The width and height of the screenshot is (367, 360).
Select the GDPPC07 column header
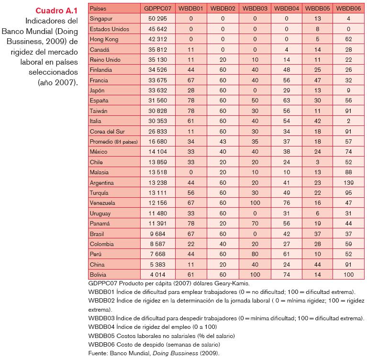[157, 8]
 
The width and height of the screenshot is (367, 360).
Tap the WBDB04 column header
[287, 8]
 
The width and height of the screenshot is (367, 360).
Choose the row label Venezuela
[103, 203]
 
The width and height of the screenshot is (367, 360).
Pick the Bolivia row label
[99, 275]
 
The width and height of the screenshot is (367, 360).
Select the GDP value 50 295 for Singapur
[158, 19]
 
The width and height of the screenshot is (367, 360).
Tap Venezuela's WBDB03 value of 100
[255, 203]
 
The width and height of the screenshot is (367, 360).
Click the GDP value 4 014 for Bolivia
[158, 275]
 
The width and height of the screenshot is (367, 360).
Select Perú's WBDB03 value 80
[255, 254]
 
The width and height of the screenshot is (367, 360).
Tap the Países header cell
[99, 8]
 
